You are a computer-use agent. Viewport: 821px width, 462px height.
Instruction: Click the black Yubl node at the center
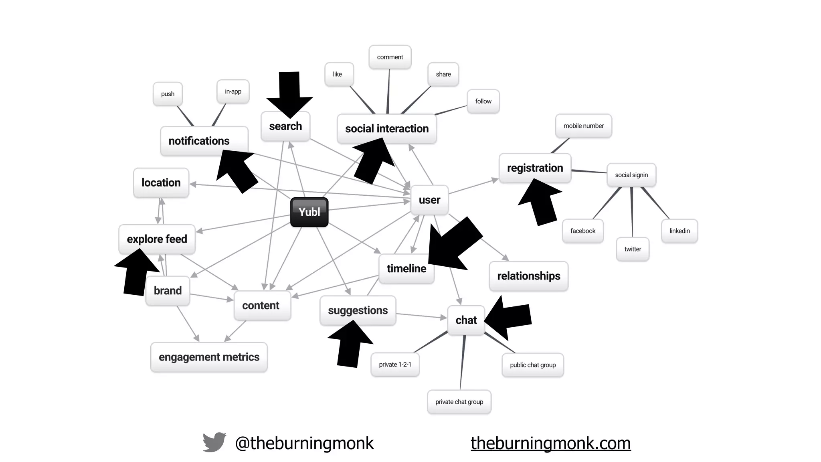pyautogui.click(x=309, y=212)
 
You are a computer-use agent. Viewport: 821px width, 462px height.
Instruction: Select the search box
pyautogui.click(x=285, y=126)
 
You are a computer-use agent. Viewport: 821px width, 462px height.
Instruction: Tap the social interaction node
pyautogui.click(x=386, y=129)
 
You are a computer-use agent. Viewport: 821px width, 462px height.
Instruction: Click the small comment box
pyautogui.click(x=390, y=57)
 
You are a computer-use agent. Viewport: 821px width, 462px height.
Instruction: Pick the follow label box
pyautogui.click(x=483, y=101)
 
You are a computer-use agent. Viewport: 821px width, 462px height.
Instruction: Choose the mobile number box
pyautogui.click(x=583, y=126)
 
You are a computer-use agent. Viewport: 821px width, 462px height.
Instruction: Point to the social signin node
pyautogui.click(x=631, y=175)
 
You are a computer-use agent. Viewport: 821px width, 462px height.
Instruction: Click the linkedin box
pyautogui.click(x=679, y=231)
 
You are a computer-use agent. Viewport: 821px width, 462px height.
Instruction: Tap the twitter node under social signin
pyautogui.click(x=633, y=249)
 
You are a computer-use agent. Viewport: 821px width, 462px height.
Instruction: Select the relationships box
pyautogui.click(x=528, y=276)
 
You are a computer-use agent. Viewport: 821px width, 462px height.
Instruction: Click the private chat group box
pyautogui.click(x=459, y=402)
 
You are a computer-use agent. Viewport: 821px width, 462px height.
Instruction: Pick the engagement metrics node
pyautogui.click(x=209, y=357)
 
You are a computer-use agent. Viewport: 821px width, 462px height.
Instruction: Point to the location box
pyautogui.click(x=161, y=183)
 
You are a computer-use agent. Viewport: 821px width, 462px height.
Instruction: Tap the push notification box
pyautogui.click(x=168, y=94)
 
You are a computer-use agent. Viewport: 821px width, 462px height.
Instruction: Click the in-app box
pyautogui.click(x=233, y=91)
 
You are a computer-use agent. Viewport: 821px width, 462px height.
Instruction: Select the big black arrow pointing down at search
pyautogui.click(x=289, y=95)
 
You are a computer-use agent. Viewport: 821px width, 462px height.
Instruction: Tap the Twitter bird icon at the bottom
pyautogui.click(x=214, y=442)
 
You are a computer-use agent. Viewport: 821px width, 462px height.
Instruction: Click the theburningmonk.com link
pyautogui.click(x=550, y=443)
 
